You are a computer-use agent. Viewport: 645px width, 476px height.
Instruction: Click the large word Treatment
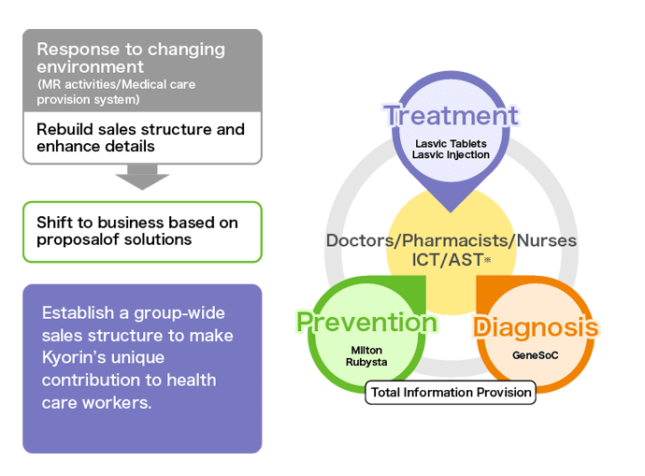(x=451, y=116)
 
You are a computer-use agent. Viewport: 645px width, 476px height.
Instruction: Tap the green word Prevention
(x=366, y=323)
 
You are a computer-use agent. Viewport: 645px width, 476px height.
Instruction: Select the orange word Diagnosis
(x=535, y=327)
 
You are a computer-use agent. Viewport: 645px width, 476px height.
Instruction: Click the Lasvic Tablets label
(x=451, y=142)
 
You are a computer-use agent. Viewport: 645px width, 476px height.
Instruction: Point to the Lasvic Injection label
(x=451, y=154)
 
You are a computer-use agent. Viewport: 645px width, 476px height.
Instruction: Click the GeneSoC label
(x=536, y=355)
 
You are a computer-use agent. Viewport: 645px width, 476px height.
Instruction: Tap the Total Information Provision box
(x=451, y=392)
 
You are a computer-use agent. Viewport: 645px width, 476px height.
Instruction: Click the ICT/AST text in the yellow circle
(x=446, y=261)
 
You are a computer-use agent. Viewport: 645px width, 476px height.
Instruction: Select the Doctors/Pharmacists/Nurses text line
(x=451, y=240)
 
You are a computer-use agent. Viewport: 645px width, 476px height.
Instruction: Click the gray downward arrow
(x=142, y=177)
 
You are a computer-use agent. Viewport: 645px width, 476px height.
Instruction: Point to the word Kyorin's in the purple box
(x=74, y=357)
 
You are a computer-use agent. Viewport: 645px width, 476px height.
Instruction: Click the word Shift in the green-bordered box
(x=54, y=223)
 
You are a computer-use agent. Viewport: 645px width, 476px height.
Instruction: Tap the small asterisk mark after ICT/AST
(x=487, y=262)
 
